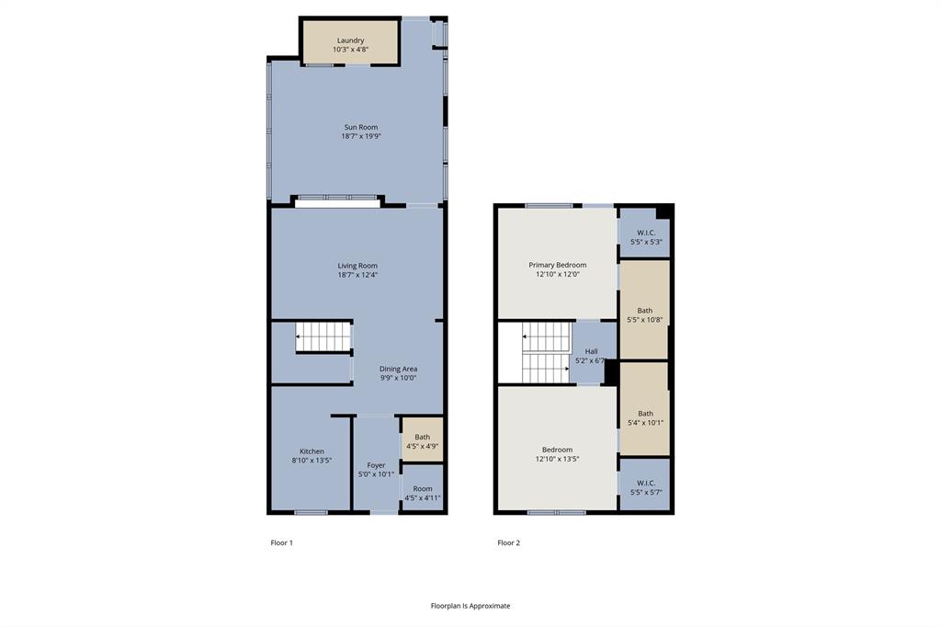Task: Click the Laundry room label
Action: pyautogui.click(x=350, y=40)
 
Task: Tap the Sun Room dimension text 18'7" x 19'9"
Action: pyautogui.click(x=360, y=137)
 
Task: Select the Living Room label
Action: pyautogui.click(x=357, y=266)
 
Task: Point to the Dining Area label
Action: pyautogui.click(x=398, y=369)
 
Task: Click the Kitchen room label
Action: pyautogui.click(x=312, y=451)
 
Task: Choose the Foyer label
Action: pyautogui.click(x=376, y=465)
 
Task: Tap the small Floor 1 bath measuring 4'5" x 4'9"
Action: pyautogui.click(x=422, y=441)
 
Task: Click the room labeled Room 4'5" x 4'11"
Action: pyautogui.click(x=422, y=494)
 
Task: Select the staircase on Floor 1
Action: pyautogui.click(x=323, y=336)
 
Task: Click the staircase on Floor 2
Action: pyautogui.click(x=545, y=353)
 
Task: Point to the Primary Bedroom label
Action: pyautogui.click(x=557, y=265)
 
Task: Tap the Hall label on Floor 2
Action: pyautogui.click(x=591, y=351)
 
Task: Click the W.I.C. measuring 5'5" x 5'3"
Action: pyautogui.click(x=645, y=237)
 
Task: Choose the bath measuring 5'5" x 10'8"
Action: pyautogui.click(x=645, y=315)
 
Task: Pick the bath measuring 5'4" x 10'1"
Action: pyautogui.click(x=645, y=418)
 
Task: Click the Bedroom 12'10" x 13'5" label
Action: pyautogui.click(x=557, y=454)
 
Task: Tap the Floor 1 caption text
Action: pyautogui.click(x=281, y=542)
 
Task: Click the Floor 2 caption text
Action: pyautogui.click(x=508, y=542)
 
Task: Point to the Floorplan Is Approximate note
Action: pyautogui.click(x=470, y=606)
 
